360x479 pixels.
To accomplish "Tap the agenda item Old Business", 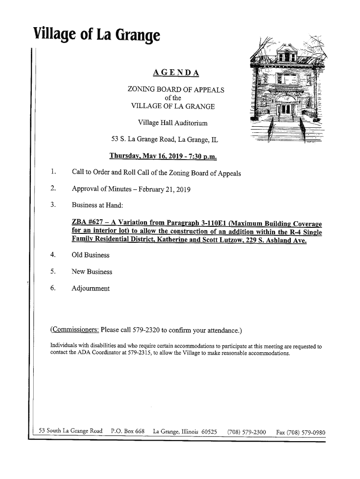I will coord(90,255).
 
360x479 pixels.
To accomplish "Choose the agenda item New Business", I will coord(92,272).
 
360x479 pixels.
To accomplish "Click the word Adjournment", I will coord(91,288).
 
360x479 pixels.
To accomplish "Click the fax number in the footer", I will coord(301,432).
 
